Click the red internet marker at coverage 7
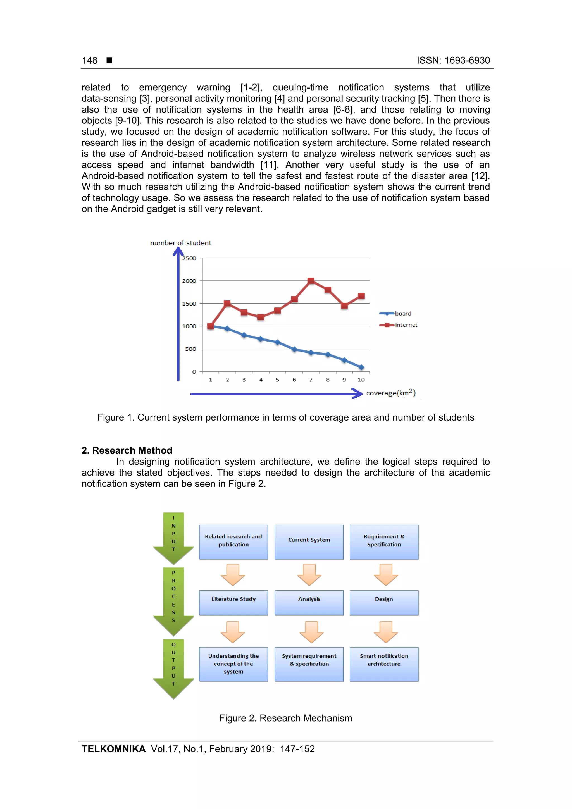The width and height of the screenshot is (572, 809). pos(311,281)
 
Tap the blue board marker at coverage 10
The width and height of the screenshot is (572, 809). pos(361,367)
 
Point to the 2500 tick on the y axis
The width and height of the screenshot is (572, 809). pos(189,258)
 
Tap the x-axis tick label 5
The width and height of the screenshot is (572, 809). pos(277,380)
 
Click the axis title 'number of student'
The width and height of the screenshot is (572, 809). pos(180,243)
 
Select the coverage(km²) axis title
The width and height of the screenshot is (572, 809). pos(390,393)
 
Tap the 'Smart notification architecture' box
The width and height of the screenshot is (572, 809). pos(384,664)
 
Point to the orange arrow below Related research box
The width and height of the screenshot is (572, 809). pos(233,575)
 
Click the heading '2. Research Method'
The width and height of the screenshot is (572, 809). pos(127,450)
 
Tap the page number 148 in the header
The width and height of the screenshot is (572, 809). pos(90,60)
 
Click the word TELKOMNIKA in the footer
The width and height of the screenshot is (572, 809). pos(113,749)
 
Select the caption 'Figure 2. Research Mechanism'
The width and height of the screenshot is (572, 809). pos(285,718)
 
